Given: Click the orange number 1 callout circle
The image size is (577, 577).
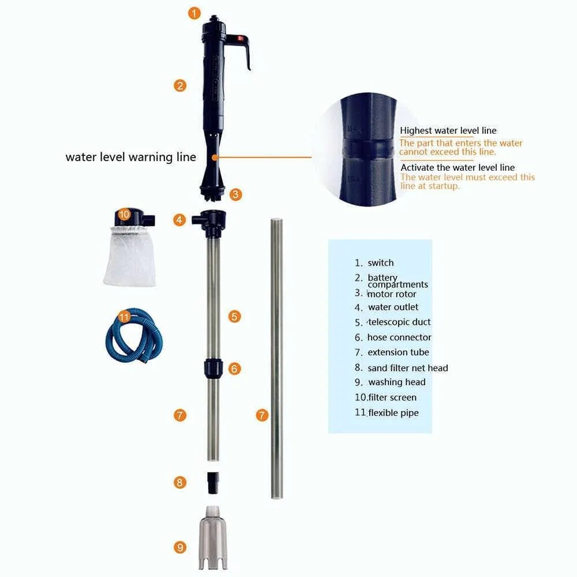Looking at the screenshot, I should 195,13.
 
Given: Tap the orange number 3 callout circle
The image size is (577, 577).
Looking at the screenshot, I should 235,194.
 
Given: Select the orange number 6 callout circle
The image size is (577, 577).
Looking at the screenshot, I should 234,369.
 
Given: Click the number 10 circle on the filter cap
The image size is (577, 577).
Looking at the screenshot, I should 123,214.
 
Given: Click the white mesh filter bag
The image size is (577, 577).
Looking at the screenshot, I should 129,257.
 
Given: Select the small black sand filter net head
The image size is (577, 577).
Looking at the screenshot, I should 213,482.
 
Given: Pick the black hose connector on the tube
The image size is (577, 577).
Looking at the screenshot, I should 213,368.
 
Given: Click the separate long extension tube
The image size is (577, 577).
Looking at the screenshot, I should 277,358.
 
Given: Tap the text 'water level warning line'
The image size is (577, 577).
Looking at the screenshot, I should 130,157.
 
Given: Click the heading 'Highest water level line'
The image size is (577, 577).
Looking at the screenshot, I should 448,131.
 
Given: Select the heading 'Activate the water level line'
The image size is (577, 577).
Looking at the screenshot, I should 458,167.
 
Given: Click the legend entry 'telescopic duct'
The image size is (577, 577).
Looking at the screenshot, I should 398,322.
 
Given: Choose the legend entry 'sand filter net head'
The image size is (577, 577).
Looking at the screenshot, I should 407,368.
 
